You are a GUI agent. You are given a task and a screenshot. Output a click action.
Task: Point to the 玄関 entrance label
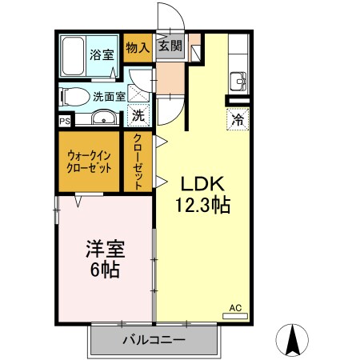(170, 46)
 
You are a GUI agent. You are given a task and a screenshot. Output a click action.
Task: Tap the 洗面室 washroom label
(108, 96)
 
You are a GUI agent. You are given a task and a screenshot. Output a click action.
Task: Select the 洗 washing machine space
(138, 115)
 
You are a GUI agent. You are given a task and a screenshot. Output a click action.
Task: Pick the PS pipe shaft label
(64, 122)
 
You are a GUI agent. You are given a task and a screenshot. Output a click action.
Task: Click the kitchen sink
(238, 80)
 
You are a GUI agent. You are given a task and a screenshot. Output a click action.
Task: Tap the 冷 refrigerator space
(238, 120)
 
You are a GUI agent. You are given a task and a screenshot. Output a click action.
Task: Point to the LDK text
(202, 182)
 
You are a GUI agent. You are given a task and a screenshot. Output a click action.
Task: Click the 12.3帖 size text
(202, 206)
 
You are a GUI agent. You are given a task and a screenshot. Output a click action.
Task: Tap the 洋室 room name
(103, 249)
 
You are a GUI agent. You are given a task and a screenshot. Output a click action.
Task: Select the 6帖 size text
(103, 271)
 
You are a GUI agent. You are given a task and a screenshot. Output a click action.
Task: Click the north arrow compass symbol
(294, 339)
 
